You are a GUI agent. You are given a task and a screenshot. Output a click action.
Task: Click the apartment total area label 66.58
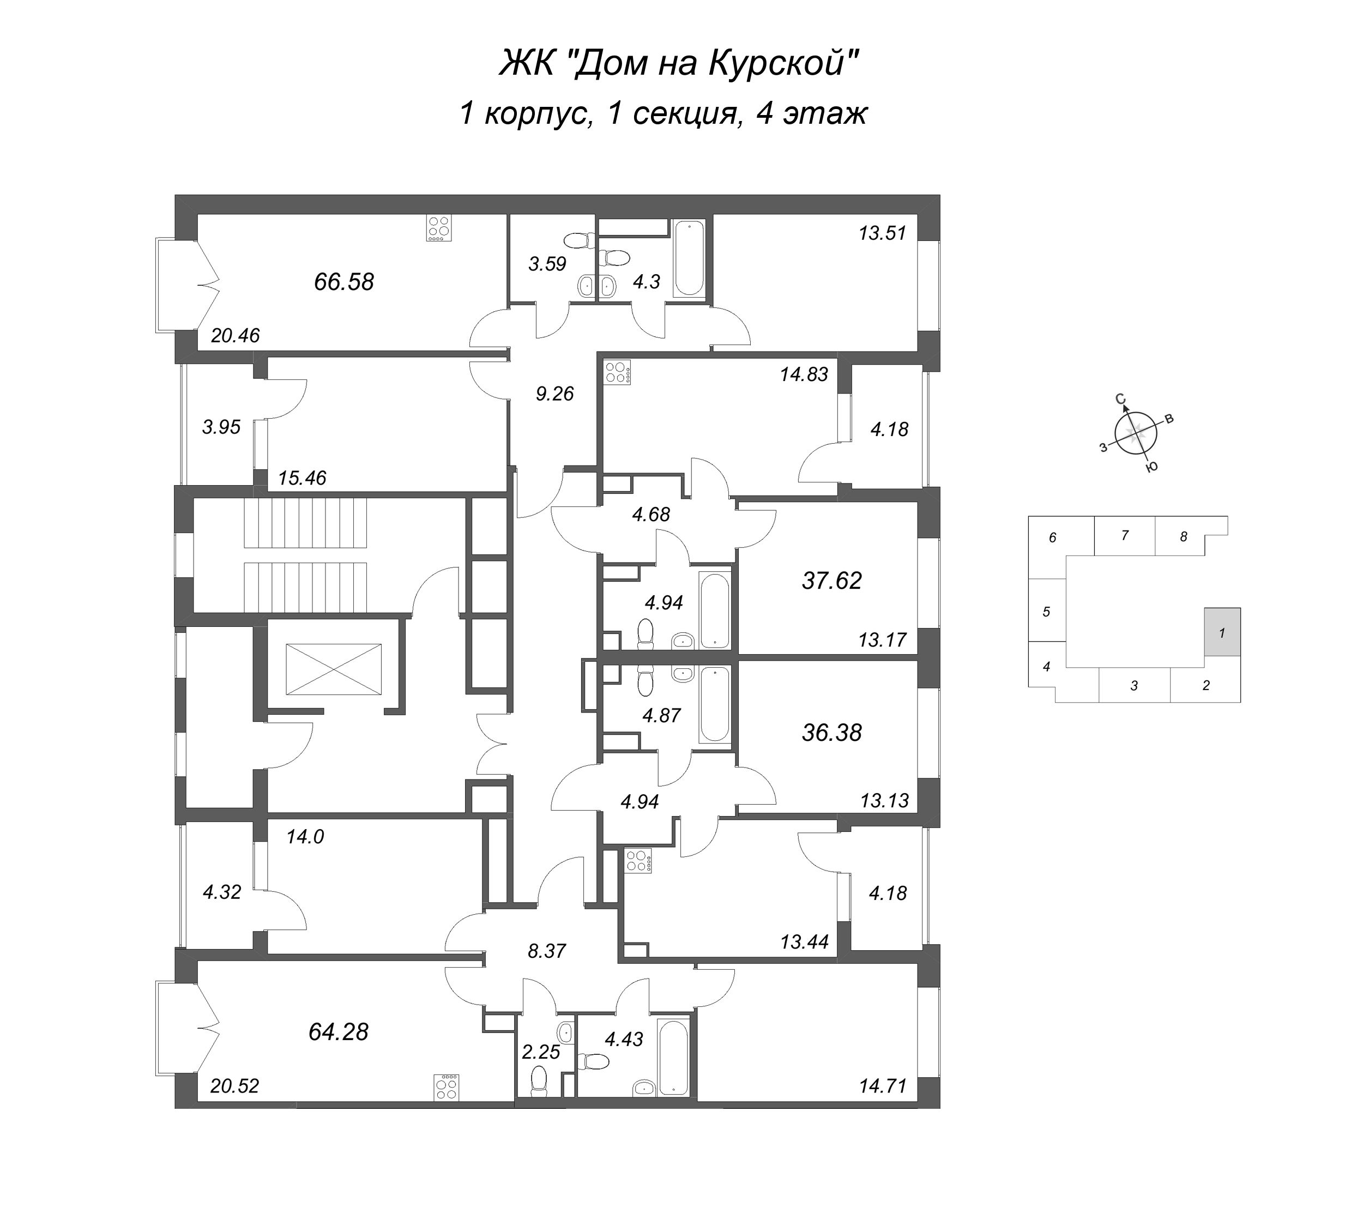[x=343, y=281]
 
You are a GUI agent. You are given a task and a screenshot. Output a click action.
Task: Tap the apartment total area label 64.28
[x=338, y=1032]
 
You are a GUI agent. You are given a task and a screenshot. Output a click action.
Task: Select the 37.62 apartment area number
[x=831, y=580]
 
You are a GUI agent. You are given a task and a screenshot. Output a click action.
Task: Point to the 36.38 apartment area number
[x=831, y=732]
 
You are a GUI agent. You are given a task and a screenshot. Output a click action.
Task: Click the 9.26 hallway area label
[x=554, y=394]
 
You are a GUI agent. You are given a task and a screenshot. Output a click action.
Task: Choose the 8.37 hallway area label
[x=546, y=951]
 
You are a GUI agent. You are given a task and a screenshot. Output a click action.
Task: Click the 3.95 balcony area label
[x=222, y=427]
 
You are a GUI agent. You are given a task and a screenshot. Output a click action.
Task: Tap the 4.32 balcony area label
[x=222, y=892]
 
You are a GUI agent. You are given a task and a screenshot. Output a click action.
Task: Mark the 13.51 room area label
[x=882, y=233]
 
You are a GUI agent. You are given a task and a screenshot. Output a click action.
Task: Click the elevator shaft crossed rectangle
[x=333, y=669]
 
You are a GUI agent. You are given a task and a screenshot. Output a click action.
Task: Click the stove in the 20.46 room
[x=439, y=228]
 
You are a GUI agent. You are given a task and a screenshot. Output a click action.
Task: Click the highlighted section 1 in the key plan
[x=1222, y=632]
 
